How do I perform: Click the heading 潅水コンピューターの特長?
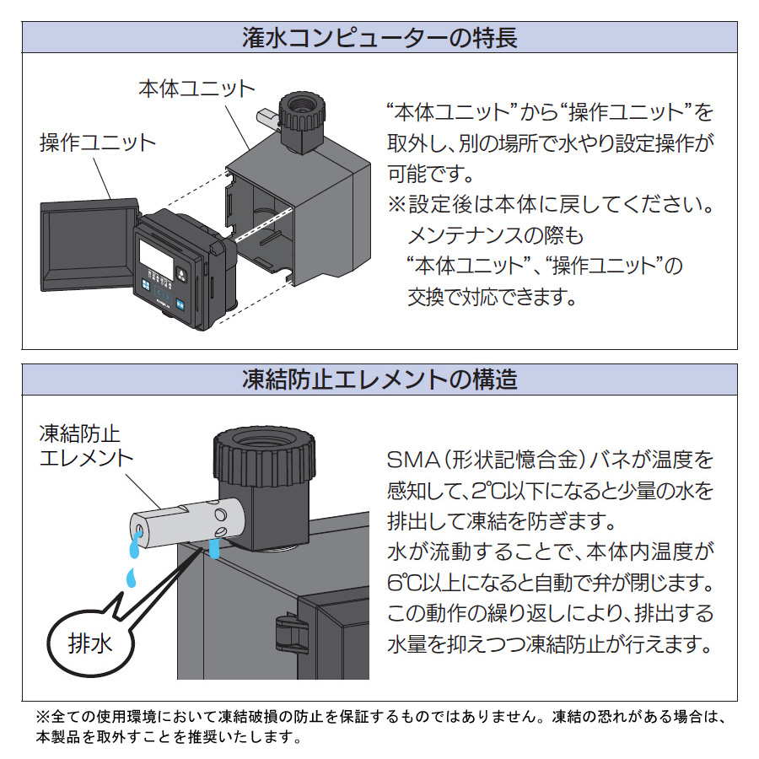(x=379, y=38)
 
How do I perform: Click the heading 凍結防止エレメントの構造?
(x=379, y=379)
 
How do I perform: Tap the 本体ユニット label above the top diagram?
(x=196, y=89)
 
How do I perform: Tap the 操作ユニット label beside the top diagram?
(x=98, y=142)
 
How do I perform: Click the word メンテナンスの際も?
(x=495, y=234)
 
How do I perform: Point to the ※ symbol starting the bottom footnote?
(x=42, y=719)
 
